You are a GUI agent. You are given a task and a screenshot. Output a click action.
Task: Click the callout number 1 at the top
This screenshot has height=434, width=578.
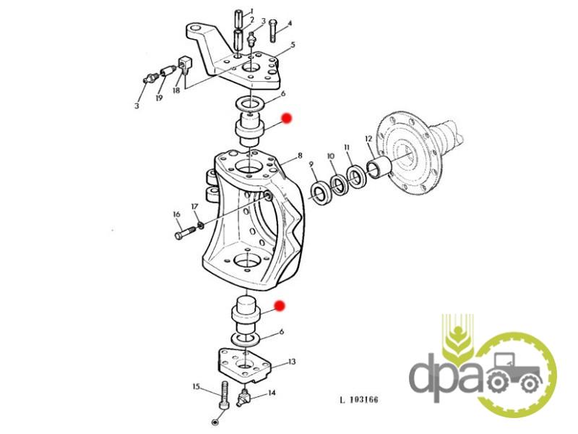[x=252, y=10]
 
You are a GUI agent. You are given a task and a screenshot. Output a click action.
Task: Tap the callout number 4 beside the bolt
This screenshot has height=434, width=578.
[x=290, y=23]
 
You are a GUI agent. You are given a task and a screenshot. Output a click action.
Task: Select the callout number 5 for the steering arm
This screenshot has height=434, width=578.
[x=293, y=45]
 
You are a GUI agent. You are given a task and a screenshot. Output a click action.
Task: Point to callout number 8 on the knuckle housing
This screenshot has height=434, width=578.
[x=300, y=156]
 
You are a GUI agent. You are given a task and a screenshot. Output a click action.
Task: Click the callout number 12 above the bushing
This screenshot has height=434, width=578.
[x=368, y=139]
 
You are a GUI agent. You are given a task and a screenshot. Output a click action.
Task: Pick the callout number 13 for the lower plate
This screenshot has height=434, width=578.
[x=292, y=362]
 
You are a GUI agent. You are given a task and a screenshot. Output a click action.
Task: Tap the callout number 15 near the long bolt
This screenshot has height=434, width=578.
[x=196, y=387]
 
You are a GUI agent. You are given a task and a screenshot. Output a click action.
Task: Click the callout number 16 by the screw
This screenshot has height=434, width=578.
[x=176, y=214]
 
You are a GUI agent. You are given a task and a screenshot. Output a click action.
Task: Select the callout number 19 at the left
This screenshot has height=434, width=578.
[x=159, y=98]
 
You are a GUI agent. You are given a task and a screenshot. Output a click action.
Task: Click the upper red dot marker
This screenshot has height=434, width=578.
[x=287, y=118]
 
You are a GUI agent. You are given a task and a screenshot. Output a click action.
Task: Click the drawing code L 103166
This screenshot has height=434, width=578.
[x=359, y=399]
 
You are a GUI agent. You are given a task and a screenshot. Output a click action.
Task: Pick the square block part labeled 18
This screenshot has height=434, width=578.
[x=184, y=63]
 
